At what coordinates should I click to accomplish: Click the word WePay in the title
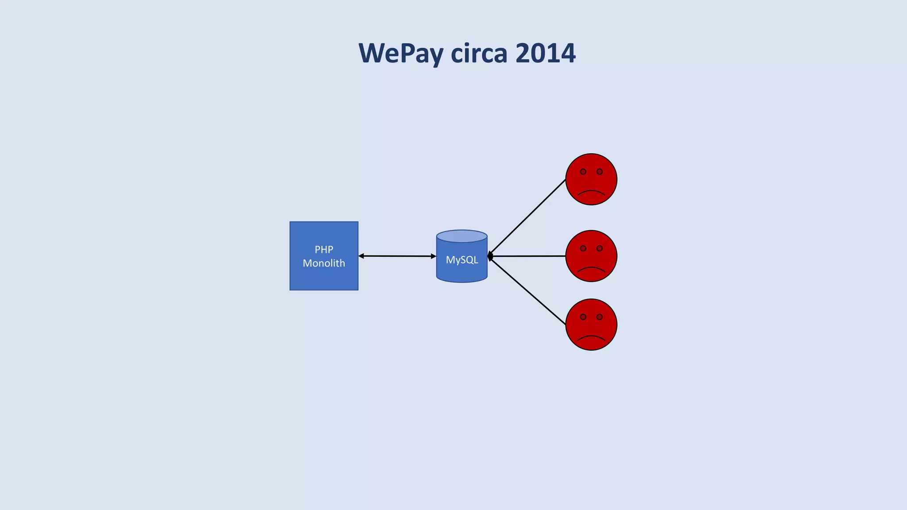[x=401, y=54]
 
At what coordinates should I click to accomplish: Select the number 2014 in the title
[x=545, y=54]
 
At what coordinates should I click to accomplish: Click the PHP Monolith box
[x=324, y=274]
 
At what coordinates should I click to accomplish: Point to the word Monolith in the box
[x=324, y=263]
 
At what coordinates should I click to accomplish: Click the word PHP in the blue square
[x=324, y=249]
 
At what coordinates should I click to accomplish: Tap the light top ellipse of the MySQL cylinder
[x=462, y=236]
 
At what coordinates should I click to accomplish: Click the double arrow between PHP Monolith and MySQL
[x=397, y=256]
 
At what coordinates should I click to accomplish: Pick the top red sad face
[x=591, y=179]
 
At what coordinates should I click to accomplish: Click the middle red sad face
[x=591, y=256]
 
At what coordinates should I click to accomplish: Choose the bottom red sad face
[x=591, y=325]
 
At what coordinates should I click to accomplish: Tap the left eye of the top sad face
[x=583, y=172]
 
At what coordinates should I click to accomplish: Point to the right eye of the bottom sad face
[x=600, y=317]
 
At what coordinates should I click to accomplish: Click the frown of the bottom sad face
[x=591, y=337]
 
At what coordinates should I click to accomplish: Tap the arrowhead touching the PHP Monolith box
[x=361, y=256]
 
